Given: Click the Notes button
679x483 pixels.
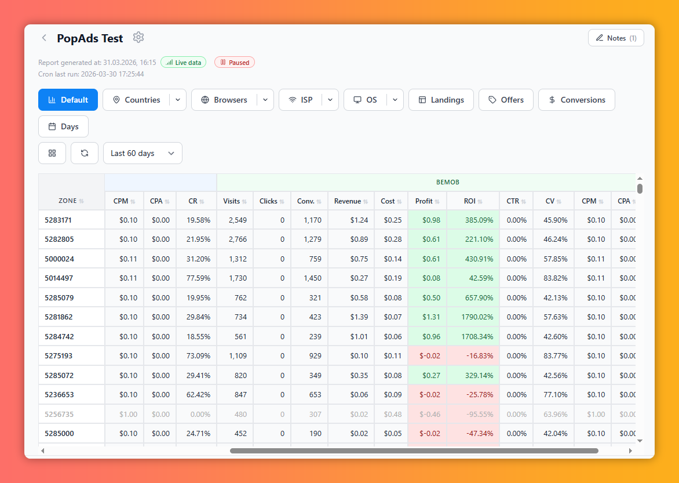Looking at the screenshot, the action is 616,38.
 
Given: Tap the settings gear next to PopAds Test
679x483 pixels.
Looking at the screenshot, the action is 138,37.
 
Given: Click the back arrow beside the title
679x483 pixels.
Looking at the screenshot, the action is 43,38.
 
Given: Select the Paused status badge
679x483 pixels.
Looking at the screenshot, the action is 235,63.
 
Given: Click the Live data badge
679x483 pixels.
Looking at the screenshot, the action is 183,63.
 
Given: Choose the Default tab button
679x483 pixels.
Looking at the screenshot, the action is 68,100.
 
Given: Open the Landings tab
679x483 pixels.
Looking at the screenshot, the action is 441,100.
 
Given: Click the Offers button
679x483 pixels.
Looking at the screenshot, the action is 506,100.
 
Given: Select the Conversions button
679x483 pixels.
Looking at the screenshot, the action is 576,100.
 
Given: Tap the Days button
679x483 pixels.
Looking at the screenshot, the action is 63,126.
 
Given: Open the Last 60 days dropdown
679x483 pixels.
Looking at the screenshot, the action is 143,153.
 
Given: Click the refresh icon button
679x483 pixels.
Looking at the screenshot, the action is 85,153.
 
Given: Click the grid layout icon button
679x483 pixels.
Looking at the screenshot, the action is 52,153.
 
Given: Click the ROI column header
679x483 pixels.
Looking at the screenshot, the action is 473,201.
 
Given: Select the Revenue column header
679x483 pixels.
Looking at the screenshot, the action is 351,201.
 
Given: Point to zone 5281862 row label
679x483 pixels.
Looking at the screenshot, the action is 59,317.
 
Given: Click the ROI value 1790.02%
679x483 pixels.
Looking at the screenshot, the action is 477,317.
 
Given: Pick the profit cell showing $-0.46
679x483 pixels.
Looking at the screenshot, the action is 429,414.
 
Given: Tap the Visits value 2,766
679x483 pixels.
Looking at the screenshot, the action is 238,239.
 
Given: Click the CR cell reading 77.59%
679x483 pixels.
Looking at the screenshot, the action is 198,278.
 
